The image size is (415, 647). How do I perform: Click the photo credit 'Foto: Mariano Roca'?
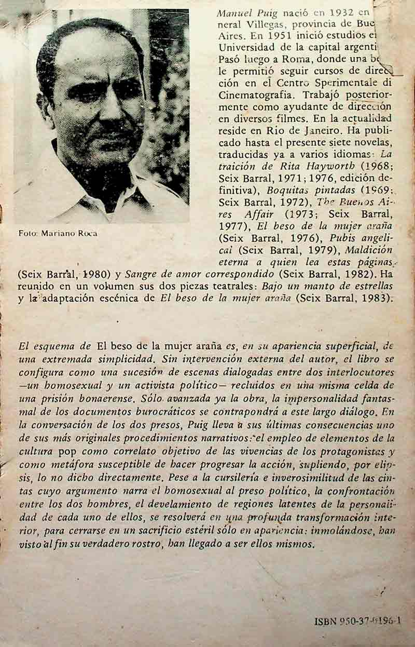click(x=58, y=233)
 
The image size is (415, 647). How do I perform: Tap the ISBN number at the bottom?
click(x=358, y=621)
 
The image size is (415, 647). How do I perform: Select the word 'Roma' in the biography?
click(x=283, y=59)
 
